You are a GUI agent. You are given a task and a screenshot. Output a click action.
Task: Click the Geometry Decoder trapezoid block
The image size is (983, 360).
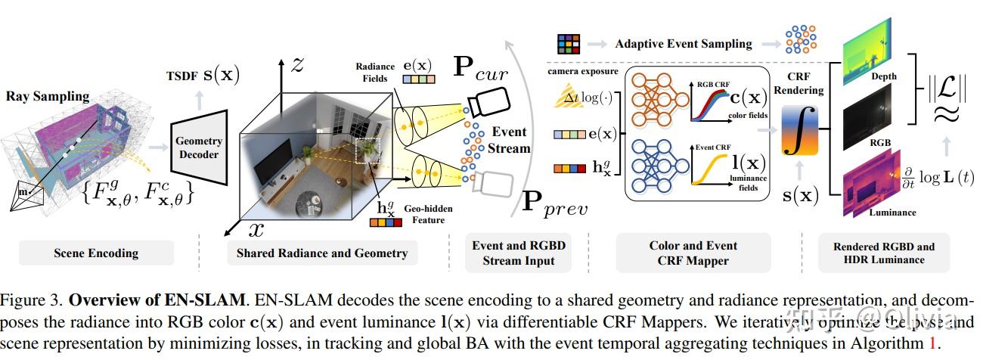[x=199, y=147]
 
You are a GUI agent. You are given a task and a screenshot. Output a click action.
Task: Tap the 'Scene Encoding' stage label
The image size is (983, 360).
[x=95, y=253]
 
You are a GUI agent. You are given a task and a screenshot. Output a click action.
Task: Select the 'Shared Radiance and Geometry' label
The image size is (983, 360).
[x=321, y=253]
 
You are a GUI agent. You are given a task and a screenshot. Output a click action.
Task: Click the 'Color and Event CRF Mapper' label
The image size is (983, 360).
[x=693, y=253]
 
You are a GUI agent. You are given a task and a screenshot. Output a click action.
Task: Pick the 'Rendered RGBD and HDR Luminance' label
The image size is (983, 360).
[x=884, y=253]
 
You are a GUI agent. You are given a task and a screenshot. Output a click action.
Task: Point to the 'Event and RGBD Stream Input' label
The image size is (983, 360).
[x=518, y=253]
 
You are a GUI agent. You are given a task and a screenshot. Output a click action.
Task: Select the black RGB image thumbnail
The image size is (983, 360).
[x=867, y=126]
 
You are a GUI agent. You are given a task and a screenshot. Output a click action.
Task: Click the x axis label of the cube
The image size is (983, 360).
[x=257, y=228]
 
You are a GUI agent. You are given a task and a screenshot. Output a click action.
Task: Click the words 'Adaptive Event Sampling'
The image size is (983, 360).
[x=684, y=43]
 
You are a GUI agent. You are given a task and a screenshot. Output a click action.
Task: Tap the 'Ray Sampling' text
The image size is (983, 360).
[x=48, y=96]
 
